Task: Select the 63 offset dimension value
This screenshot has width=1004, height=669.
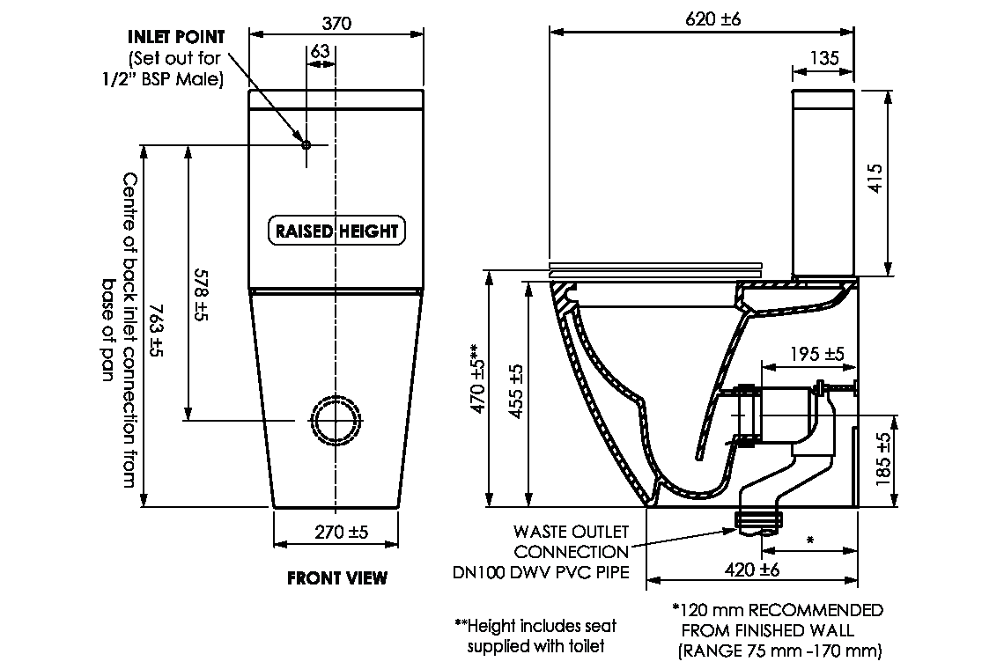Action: pos(320,52)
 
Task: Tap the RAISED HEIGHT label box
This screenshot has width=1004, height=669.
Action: pos(336,232)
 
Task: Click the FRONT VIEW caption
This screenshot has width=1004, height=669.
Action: pos(336,578)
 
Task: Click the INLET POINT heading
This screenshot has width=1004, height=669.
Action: pos(176,37)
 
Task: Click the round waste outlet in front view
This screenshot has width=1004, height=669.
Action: pos(336,420)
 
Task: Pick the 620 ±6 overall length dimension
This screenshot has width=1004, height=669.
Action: pos(713,19)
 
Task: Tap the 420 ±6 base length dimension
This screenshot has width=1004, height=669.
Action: pos(752,570)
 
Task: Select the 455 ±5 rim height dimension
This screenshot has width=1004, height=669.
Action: pos(516,391)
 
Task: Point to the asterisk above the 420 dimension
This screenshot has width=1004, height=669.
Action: pos(809,539)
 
